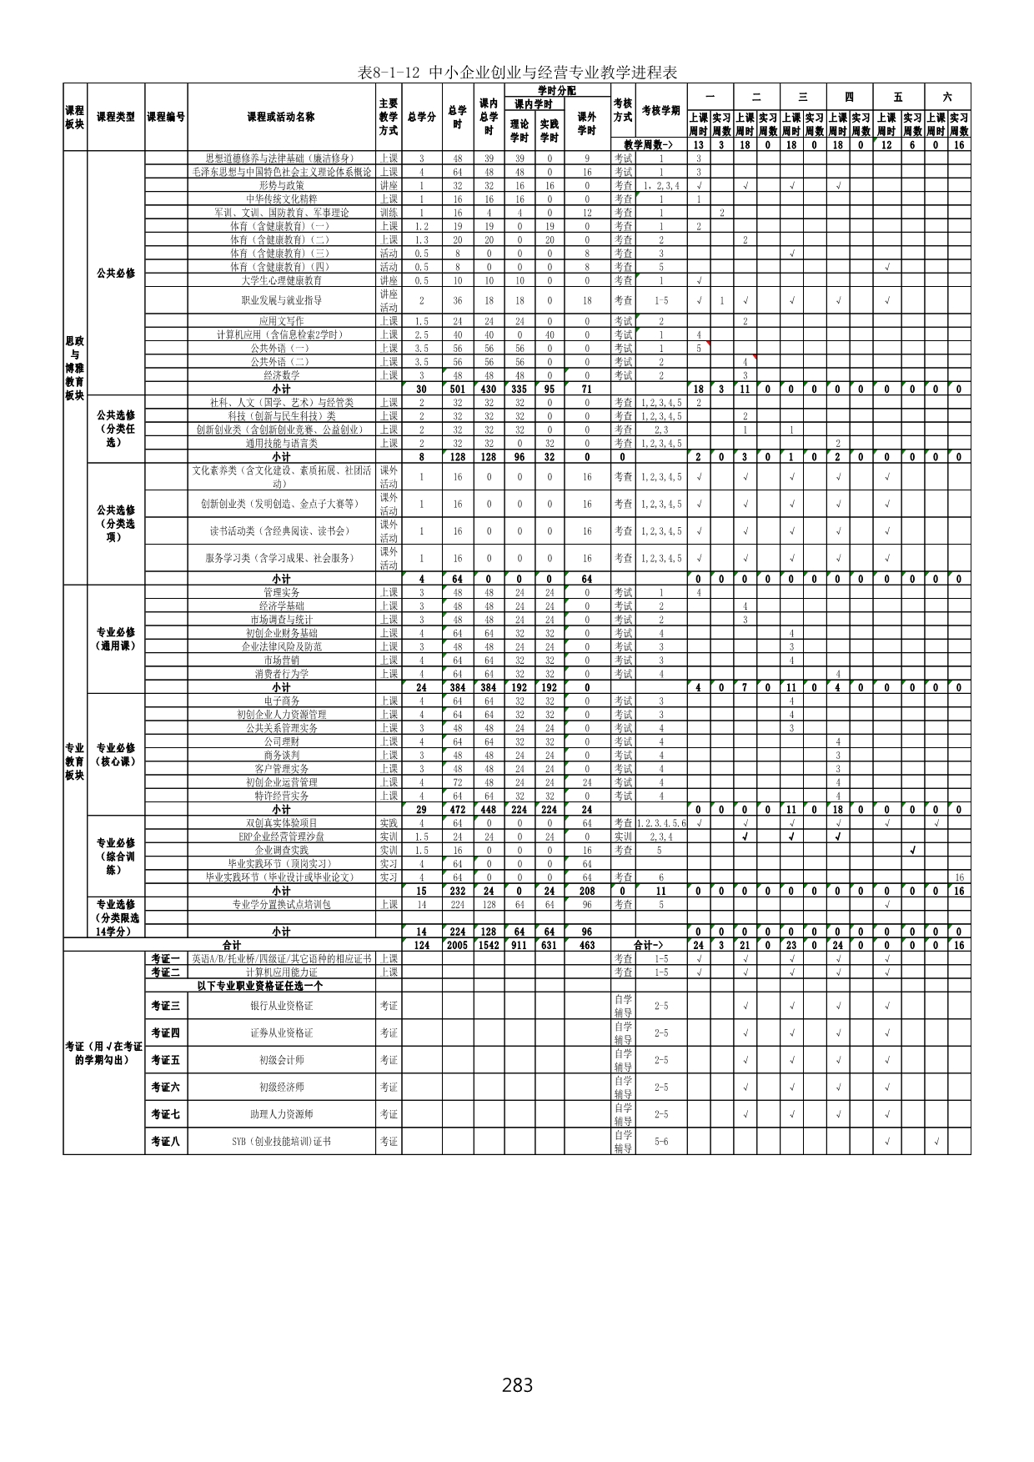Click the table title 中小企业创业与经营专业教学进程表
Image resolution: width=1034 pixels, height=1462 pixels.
coord(517,73)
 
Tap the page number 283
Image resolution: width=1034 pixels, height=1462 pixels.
coord(517,1385)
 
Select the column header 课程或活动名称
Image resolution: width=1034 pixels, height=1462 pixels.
coord(281,117)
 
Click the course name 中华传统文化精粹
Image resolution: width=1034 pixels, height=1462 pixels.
coord(281,199)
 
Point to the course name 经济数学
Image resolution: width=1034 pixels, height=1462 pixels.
coord(281,376)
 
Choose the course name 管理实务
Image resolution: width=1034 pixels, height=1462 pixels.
coord(281,593)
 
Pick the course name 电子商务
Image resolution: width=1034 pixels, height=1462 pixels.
coord(281,701)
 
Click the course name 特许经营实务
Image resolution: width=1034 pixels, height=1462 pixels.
coord(281,796)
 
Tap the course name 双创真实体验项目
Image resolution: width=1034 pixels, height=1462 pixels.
coord(281,823)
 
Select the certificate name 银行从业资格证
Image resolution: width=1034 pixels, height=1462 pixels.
coord(281,1006)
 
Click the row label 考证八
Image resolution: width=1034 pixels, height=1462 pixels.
coord(165,1142)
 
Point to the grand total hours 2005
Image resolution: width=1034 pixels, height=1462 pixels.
coord(457,946)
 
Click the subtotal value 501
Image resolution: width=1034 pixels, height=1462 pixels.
coord(457,389)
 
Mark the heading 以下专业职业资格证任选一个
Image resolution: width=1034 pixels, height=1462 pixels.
coord(260,986)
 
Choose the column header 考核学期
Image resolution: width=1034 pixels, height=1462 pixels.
coord(660,111)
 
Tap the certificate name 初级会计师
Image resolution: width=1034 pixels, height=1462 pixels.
coord(281,1060)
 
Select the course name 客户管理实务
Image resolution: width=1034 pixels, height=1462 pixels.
coord(281,769)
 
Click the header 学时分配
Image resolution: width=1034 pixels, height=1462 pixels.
coord(556,90)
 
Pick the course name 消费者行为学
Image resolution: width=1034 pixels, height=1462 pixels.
coord(281,674)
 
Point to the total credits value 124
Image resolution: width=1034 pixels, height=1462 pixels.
coord(421,946)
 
